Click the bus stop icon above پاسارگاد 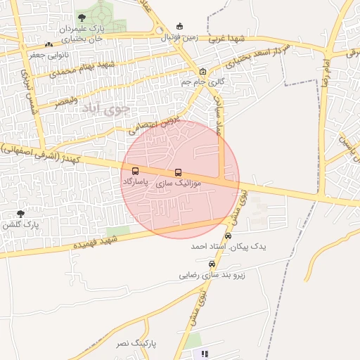point(135,171)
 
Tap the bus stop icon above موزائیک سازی point(177,172)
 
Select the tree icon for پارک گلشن point(20,214)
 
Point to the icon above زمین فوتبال point(179,27)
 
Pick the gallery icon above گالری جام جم point(203,71)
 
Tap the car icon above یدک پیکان point(228,236)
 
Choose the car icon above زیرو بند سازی point(212,264)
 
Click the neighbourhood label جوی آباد point(105,109)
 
